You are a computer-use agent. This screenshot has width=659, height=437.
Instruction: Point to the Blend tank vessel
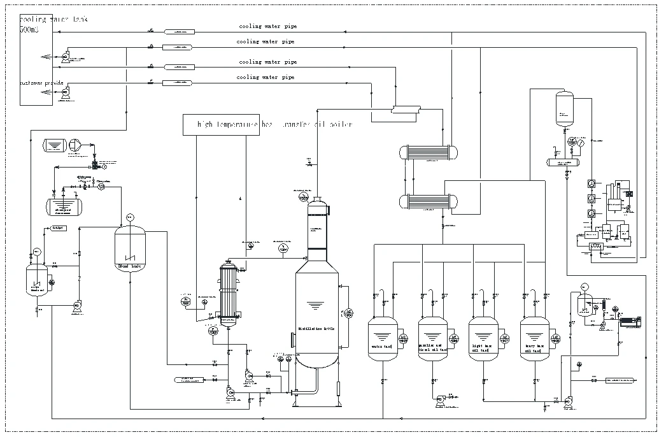[131, 248]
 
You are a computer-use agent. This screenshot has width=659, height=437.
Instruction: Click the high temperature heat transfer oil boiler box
[267, 125]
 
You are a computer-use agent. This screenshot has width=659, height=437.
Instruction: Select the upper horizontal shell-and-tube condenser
[421, 152]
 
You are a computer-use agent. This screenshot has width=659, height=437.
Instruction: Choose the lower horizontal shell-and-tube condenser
[421, 202]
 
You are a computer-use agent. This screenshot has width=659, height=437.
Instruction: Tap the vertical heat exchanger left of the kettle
[228, 293]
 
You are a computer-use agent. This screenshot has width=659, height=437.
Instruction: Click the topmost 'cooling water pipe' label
[267, 27]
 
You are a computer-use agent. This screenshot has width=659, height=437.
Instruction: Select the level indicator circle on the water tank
[403, 338]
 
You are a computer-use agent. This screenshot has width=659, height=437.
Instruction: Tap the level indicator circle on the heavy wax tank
[556, 338]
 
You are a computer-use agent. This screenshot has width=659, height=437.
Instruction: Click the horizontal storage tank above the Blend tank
[64, 205]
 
